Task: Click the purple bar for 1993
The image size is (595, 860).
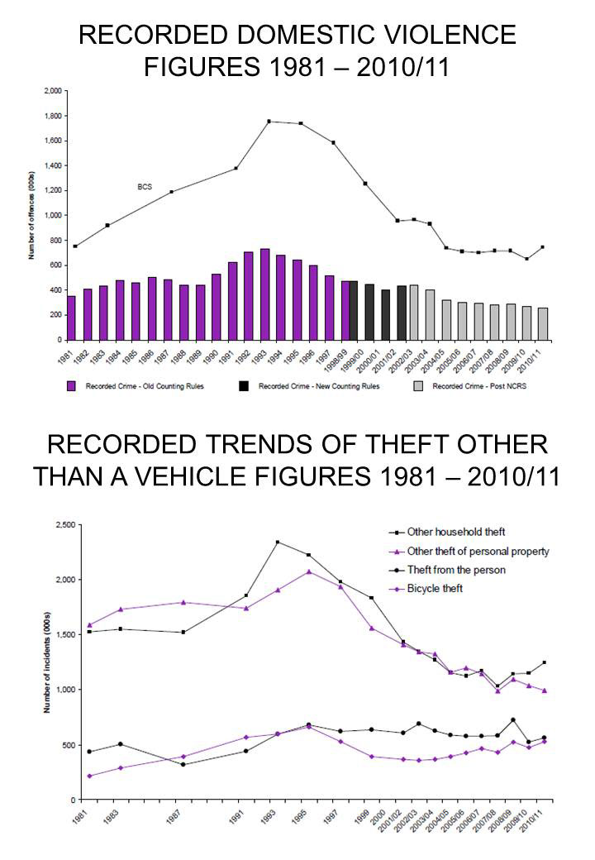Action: pos(264,294)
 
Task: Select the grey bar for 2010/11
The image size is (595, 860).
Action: pos(542,323)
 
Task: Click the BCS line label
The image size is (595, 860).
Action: pos(145,187)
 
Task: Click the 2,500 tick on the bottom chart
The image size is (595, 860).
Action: pos(60,525)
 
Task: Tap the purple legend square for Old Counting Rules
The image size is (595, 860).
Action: pos(71,386)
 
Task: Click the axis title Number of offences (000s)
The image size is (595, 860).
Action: pos(32,215)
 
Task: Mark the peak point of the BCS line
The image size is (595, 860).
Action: pos(269,122)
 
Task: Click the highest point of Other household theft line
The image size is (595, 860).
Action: pos(277,542)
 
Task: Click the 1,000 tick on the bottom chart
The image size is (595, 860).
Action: pos(60,690)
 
